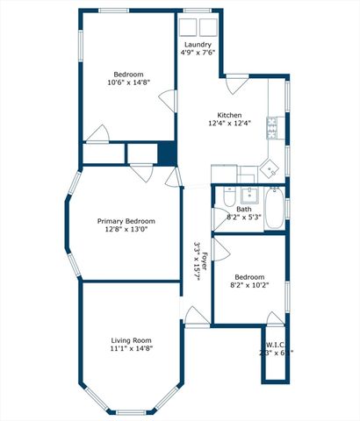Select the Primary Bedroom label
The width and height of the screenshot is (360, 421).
tap(126, 221)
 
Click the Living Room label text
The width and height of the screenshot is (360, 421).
tap(132, 340)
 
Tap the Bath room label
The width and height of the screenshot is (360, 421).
tap(242, 209)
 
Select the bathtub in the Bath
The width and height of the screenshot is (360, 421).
tap(275, 208)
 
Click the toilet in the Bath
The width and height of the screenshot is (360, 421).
tap(229, 194)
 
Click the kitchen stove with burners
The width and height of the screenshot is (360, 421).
tap(273, 128)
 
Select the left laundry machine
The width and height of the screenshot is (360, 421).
tap(191, 26)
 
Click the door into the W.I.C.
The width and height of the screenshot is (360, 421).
tap(276, 318)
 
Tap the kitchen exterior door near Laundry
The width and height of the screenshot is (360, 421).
tap(235, 85)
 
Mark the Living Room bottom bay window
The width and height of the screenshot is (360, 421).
tap(131, 412)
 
